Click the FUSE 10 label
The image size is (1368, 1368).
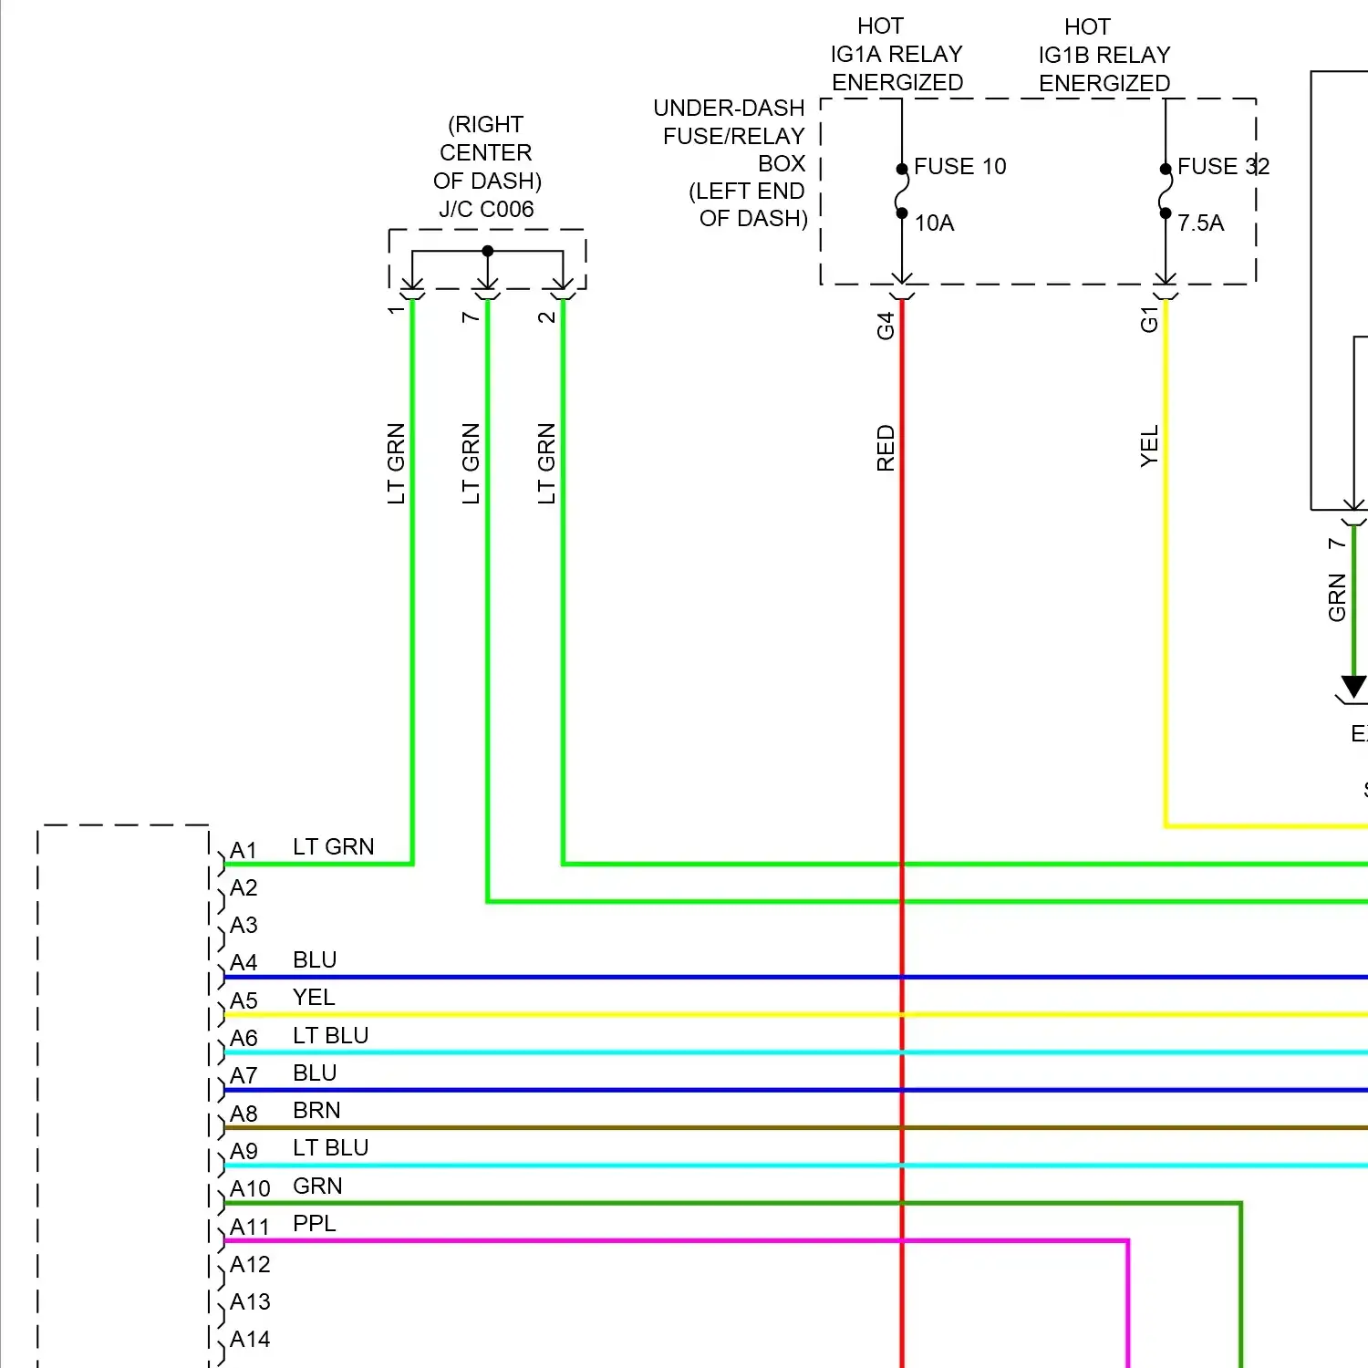pos(959,167)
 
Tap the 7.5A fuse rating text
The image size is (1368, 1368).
pos(1200,223)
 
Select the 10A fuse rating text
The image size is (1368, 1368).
pos(934,223)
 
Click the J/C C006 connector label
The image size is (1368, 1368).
pos(486,210)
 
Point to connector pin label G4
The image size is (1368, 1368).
pos(886,326)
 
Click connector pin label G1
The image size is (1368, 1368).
pos(1149,320)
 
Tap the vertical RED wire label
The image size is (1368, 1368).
pos(886,448)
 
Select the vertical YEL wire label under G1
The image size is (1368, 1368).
pos(1149,446)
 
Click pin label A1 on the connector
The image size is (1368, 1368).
pos(244,851)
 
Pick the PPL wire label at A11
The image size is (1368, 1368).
pos(315,1224)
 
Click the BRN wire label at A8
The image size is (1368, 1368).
pos(316,1111)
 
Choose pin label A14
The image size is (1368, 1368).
pos(250,1340)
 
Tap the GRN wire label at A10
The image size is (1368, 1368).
pos(317,1187)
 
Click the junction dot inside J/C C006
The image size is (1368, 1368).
pos(488,251)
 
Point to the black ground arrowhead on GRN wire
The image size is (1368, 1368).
pos(1354,687)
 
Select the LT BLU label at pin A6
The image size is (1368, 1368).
pos(330,1036)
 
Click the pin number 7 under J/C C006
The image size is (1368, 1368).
pos(471,316)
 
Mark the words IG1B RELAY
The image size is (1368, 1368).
pos(1104,56)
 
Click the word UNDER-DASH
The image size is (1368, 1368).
pos(729,109)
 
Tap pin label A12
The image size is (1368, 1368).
pos(250,1265)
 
